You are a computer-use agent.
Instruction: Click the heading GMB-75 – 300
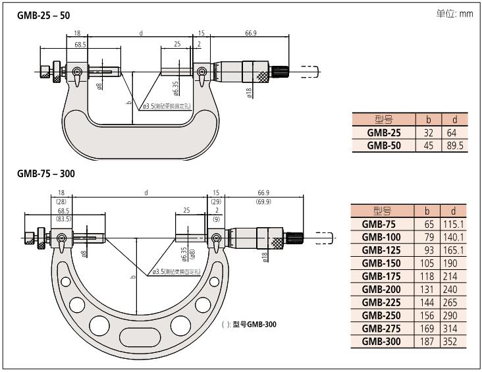[46, 174]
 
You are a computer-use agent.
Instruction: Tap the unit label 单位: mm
[455, 13]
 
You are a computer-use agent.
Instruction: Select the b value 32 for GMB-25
[428, 133]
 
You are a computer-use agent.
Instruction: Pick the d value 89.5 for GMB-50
[454, 146]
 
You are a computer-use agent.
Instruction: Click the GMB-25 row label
[383, 133]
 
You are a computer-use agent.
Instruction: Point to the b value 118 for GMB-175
[426, 277]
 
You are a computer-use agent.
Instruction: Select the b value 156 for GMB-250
[426, 315]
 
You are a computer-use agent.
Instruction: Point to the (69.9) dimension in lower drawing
[265, 201]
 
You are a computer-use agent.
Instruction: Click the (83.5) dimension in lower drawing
[64, 218]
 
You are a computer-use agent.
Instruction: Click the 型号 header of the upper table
[383, 120]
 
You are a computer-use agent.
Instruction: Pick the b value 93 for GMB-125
[426, 250]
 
